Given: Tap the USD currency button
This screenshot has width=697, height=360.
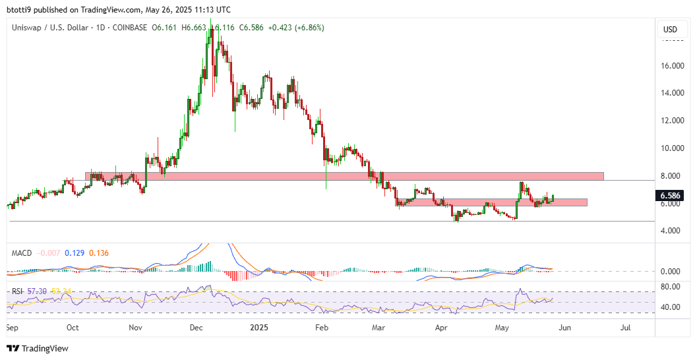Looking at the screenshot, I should point(670,30).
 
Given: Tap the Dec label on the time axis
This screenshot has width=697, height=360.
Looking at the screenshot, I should point(197,327).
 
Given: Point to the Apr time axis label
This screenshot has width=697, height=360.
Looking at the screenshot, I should point(441,327).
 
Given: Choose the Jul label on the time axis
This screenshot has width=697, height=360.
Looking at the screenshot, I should point(626,327).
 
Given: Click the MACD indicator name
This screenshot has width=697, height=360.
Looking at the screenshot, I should point(20,253).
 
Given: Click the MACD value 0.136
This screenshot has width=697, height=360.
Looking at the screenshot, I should point(99,253).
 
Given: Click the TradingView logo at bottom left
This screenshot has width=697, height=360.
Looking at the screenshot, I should point(38,348).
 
